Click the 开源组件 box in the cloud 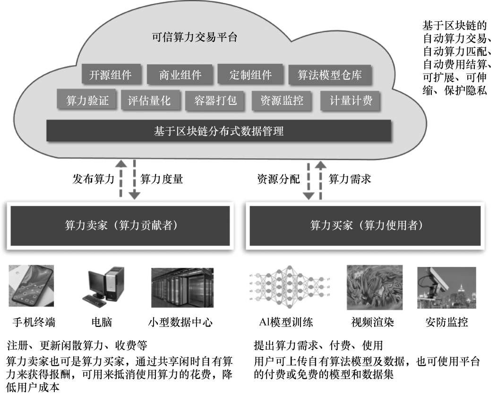[110, 75]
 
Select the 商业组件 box [180, 75]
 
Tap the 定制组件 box [250, 75]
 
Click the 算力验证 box [87, 101]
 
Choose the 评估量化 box [149, 101]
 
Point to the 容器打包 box [215, 101]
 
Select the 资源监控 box [282, 101]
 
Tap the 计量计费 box [351, 101]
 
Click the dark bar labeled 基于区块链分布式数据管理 [218, 130]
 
